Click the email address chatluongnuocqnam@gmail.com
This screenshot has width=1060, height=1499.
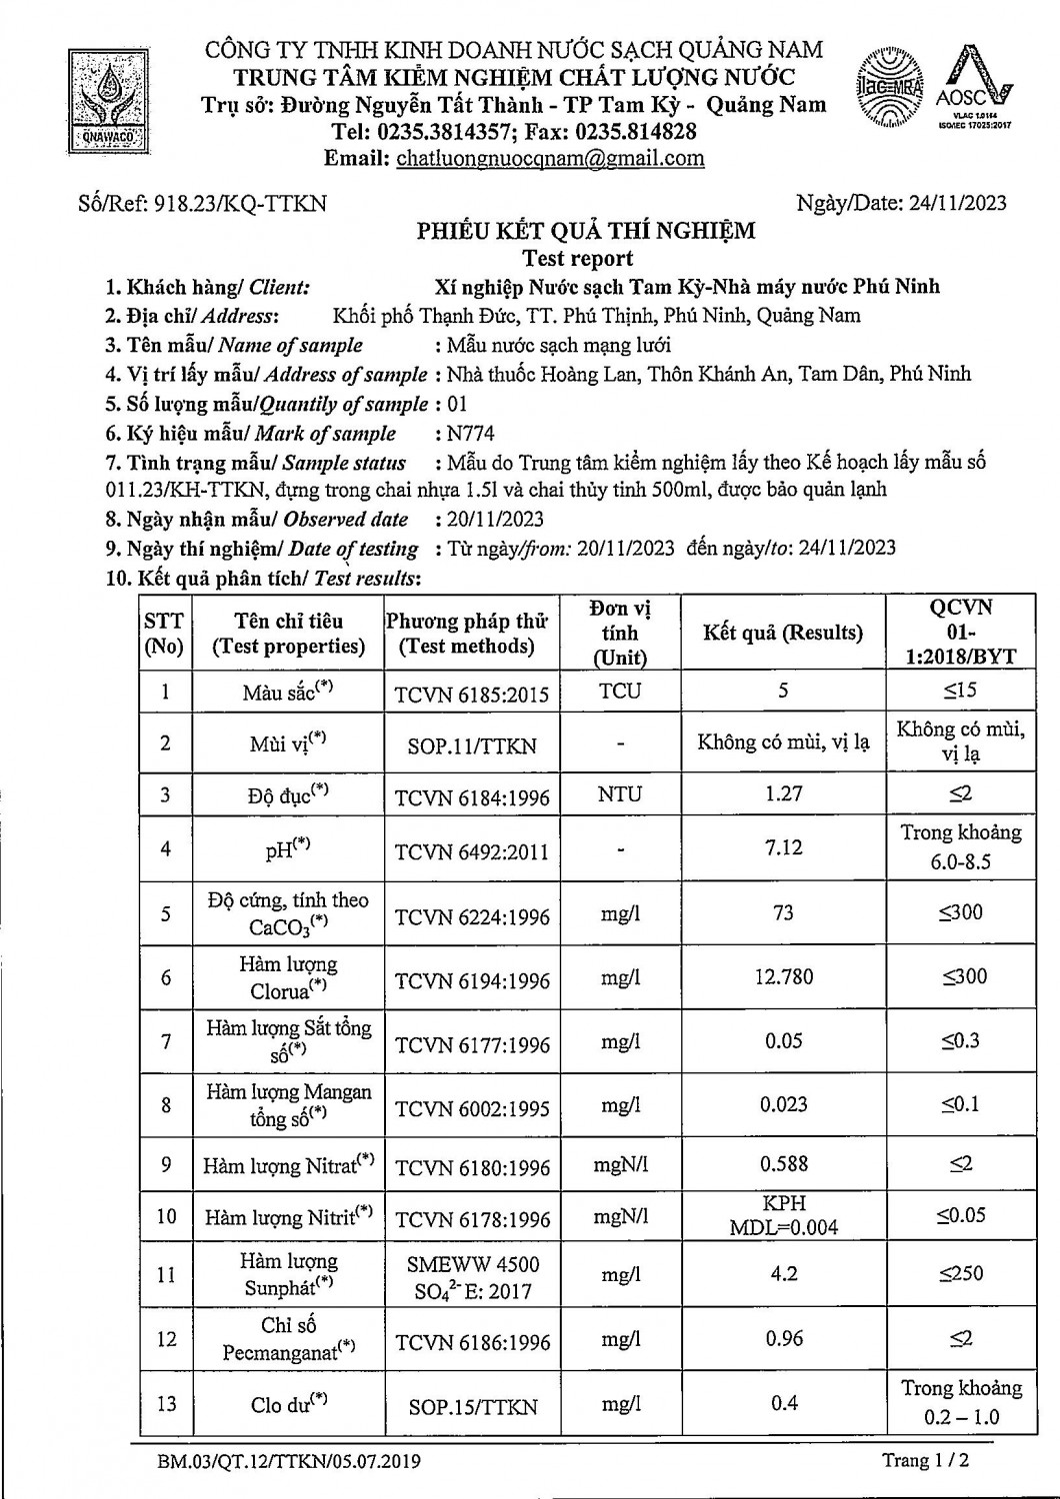coord(550,158)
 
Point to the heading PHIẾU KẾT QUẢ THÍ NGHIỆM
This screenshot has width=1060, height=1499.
coord(586,231)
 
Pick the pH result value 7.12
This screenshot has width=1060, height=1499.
coord(783,847)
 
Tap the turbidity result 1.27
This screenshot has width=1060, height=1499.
coord(783,793)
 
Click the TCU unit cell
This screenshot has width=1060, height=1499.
coord(620,692)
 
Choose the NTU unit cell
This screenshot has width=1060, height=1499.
coord(620,794)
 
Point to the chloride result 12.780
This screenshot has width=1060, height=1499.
coord(783,976)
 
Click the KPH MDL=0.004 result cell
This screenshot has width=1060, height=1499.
coord(783,1215)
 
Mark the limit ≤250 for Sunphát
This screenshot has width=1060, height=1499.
coord(961,1274)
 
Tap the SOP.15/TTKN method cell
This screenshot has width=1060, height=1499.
coord(472,1406)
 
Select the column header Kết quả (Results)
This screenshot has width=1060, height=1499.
coord(783,633)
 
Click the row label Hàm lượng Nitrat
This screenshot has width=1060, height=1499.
coord(288,1165)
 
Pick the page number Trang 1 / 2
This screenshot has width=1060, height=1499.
coord(925,1460)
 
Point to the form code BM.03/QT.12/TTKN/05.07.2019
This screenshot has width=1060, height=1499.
coord(289,1462)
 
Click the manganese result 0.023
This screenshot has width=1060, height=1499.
coord(783,1104)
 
